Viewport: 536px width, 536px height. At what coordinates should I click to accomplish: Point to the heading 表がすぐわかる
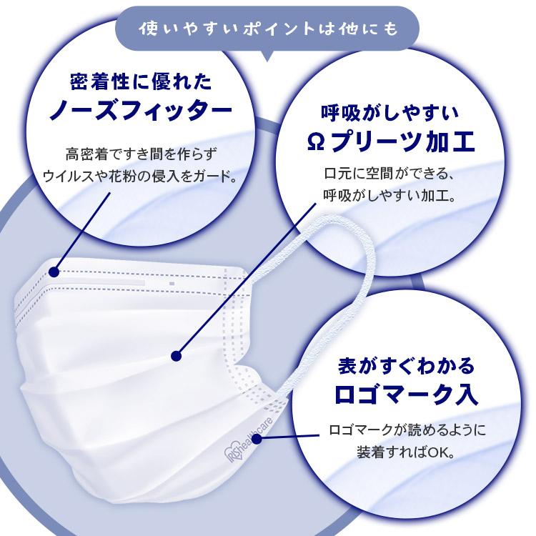click(x=405, y=366)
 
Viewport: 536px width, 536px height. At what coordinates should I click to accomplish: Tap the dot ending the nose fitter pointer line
click(x=55, y=270)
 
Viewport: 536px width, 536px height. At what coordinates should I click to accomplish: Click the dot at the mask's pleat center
click(x=176, y=355)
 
